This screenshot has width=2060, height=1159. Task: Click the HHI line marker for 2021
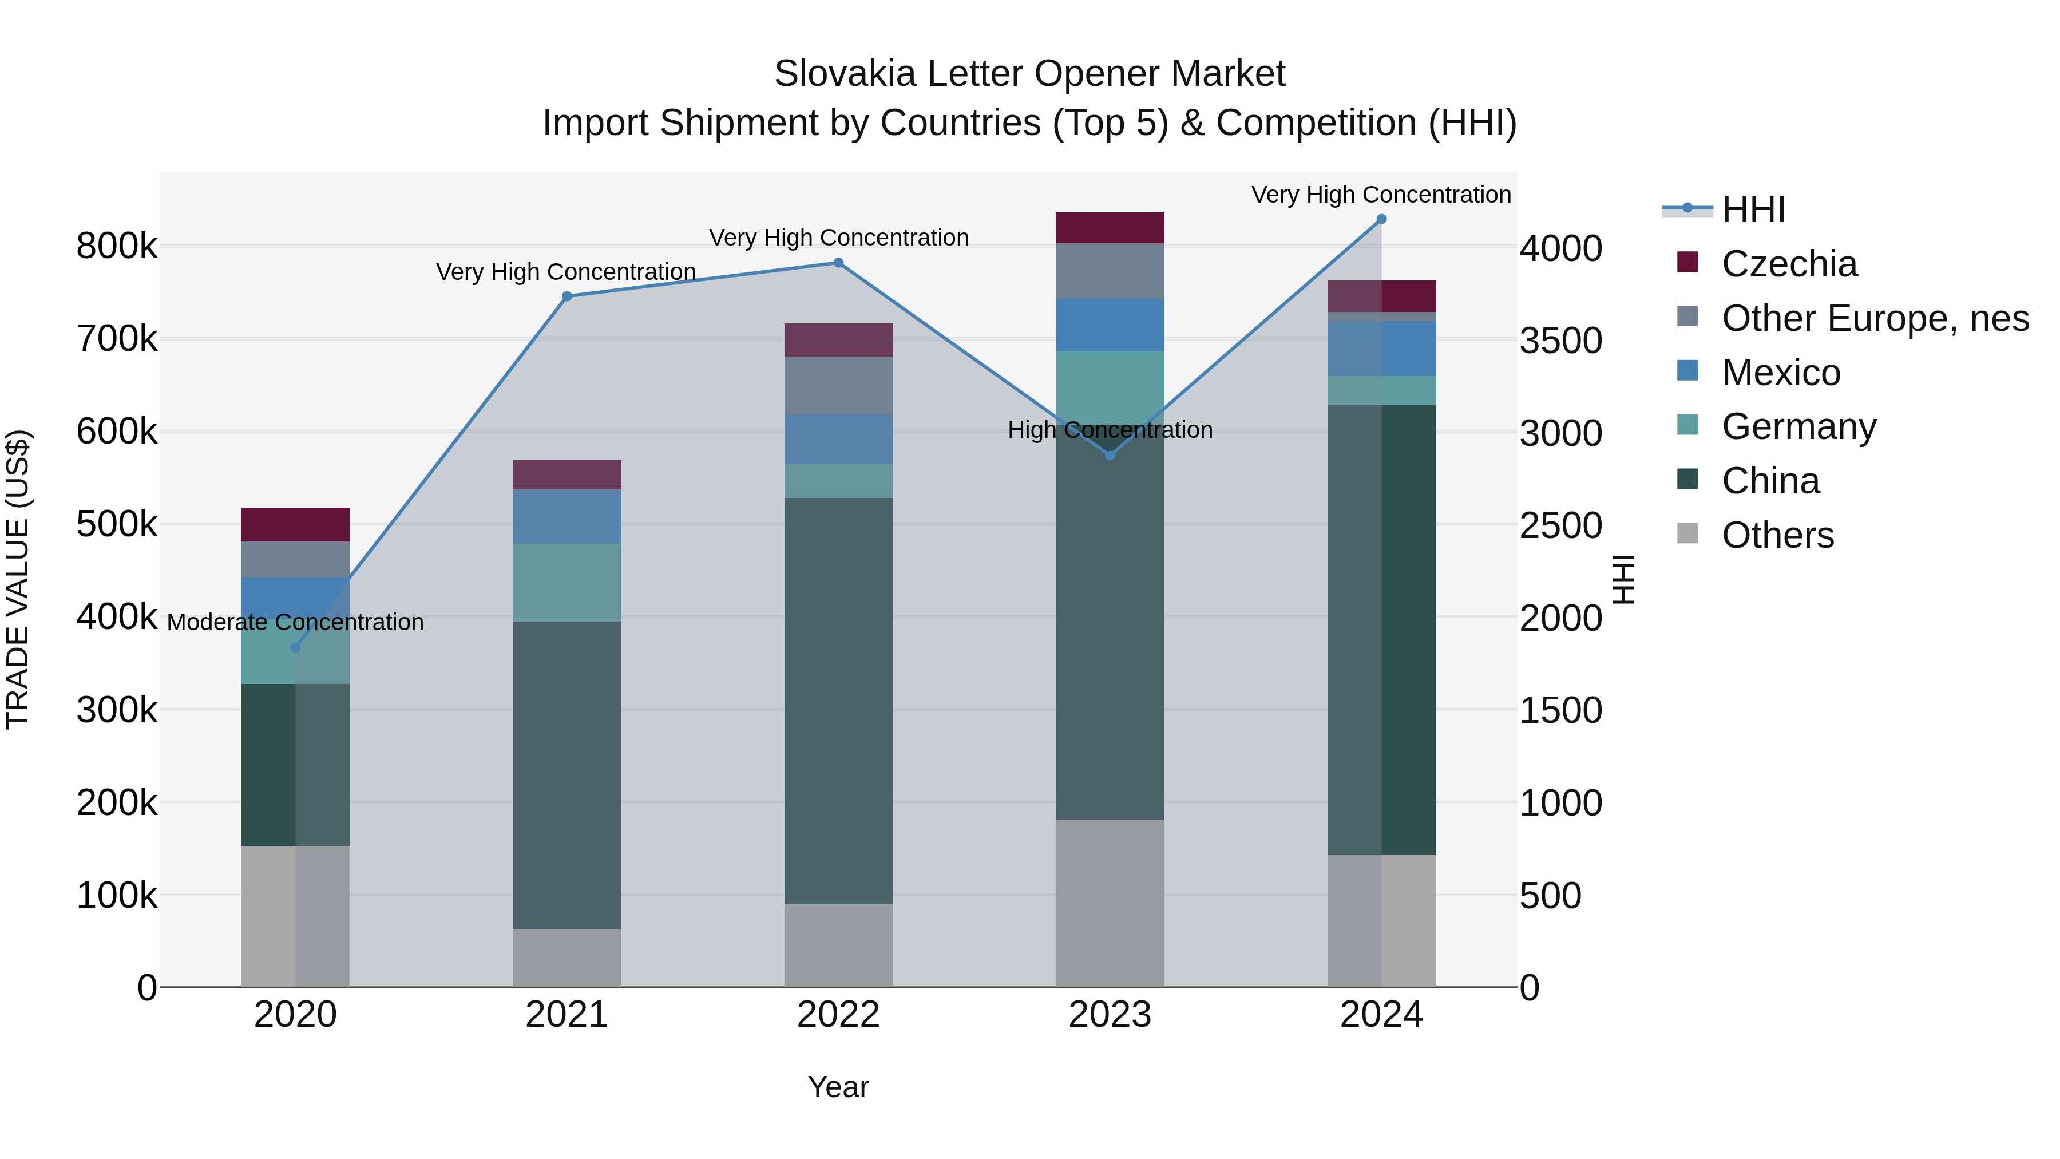pyautogui.click(x=567, y=296)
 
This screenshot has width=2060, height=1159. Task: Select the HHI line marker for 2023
pyautogui.click(x=1109, y=455)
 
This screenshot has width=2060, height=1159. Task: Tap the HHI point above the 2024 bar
pyautogui.click(x=1381, y=219)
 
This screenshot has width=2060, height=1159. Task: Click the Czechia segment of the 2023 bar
pyautogui.click(x=1109, y=228)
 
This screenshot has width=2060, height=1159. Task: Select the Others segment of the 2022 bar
pyautogui.click(x=838, y=946)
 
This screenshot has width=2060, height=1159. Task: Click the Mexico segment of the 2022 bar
pyautogui.click(x=838, y=438)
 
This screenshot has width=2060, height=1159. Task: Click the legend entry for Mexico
pyautogui.click(x=1780, y=373)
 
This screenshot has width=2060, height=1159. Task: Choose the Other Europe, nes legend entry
pyautogui.click(x=1875, y=318)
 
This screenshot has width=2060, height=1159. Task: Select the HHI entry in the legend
pyautogui.click(x=1753, y=209)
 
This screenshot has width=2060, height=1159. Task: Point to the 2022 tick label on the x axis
pyautogui.click(x=838, y=1015)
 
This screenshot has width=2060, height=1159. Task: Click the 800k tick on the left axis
pyautogui.click(x=117, y=246)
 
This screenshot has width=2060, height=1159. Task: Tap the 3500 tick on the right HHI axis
pyautogui.click(x=1560, y=341)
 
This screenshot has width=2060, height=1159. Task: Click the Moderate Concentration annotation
pyautogui.click(x=295, y=622)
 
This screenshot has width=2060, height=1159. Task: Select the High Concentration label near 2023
pyautogui.click(x=1109, y=430)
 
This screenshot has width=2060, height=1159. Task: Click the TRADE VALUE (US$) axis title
pyautogui.click(x=18, y=579)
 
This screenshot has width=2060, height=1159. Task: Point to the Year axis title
pyautogui.click(x=838, y=1087)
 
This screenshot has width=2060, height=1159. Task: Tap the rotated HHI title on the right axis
pyautogui.click(x=1624, y=579)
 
